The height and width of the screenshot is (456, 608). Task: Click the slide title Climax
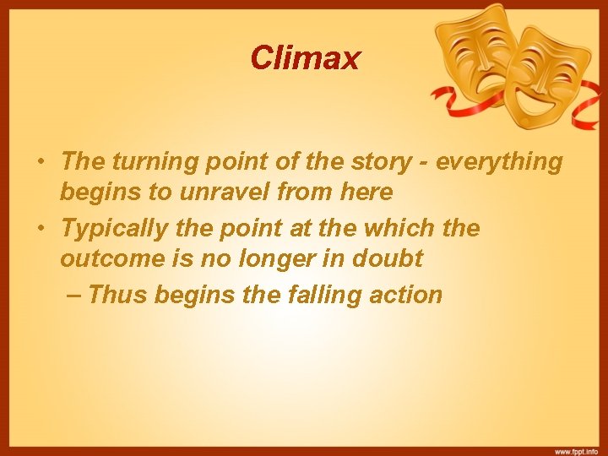(305, 57)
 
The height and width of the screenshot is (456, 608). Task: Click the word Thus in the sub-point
(115, 295)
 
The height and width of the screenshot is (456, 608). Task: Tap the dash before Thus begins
(73, 295)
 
